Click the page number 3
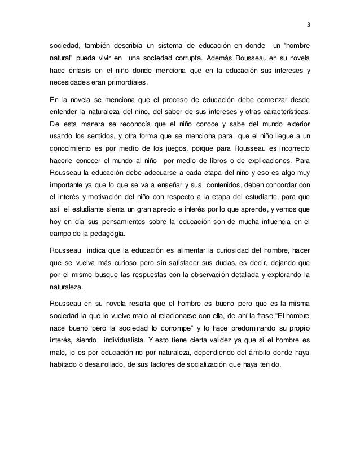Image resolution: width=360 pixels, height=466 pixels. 308,25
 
